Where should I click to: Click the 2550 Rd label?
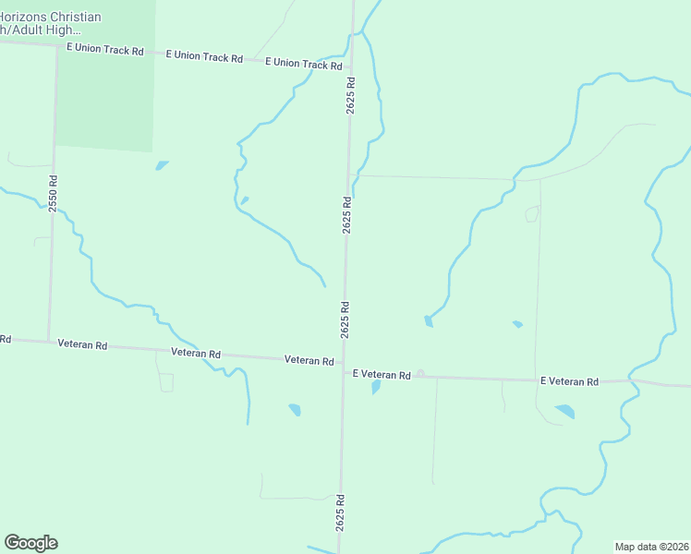(x=54, y=193)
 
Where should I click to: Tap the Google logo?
(x=30, y=543)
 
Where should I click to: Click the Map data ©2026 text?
(x=652, y=547)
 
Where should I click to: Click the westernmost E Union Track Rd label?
(x=105, y=49)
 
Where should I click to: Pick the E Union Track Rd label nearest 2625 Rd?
(x=303, y=64)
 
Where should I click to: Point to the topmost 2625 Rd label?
(x=351, y=95)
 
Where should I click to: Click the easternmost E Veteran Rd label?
(x=569, y=381)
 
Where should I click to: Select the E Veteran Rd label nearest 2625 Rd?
(x=382, y=375)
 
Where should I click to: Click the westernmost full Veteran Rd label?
(x=82, y=344)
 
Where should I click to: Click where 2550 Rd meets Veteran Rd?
(x=48, y=341)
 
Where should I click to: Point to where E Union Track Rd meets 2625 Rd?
(x=351, y=68)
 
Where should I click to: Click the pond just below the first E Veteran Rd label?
(x=376, y=388)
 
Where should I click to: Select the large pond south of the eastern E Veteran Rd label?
(x=564, y=411)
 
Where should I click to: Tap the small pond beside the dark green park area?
(x=163, y=166)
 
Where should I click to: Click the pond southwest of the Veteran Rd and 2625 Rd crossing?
(x=295, y=409)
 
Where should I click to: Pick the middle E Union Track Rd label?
(x=204, y=56)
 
